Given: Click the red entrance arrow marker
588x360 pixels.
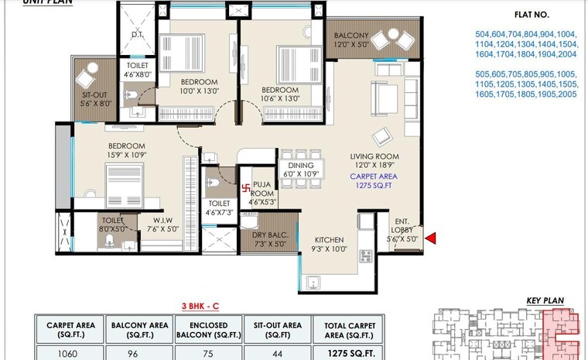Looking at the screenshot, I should pos(430,238).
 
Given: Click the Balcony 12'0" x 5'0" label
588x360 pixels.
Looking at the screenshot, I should pos(352,41).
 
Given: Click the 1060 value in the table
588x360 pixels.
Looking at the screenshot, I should pos(70,352).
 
